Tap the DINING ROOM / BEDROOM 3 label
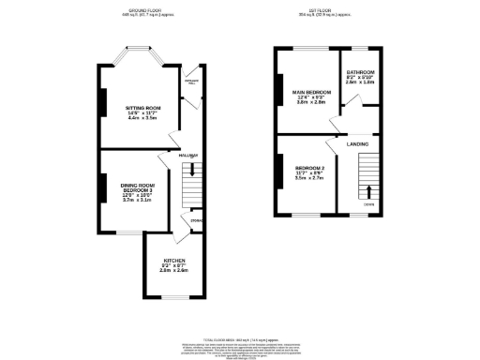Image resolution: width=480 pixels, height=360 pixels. pos(137,188)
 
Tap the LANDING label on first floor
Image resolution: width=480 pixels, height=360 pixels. pos(357,143)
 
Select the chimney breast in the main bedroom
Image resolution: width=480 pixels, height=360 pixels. pos(278,91)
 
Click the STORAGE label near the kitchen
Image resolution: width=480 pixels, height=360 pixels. pos(196,221)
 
